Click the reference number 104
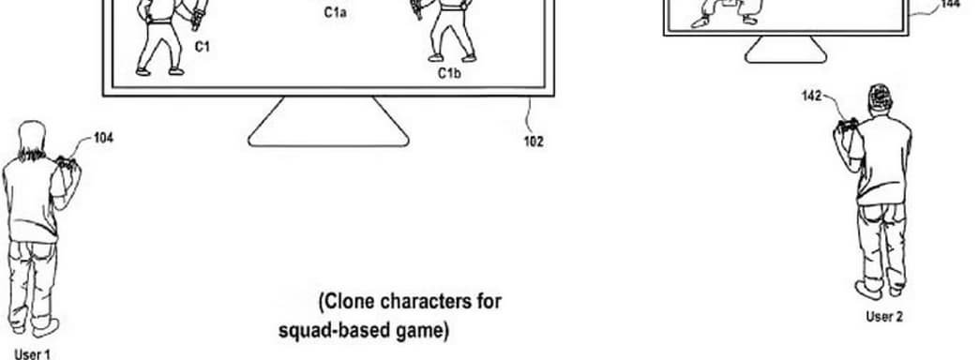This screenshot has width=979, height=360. (103, 138)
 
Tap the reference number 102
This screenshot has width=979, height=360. (534, 142)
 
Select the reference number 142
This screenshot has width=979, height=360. (812, 95)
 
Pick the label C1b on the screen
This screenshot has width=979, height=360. (449, 71)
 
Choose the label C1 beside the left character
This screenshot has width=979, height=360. (202, 44)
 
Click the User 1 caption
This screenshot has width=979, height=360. (33, 353)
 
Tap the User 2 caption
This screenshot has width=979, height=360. (884, 316)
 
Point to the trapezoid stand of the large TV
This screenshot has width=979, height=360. (327, 122)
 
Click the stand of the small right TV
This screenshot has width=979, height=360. (785, 50)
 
